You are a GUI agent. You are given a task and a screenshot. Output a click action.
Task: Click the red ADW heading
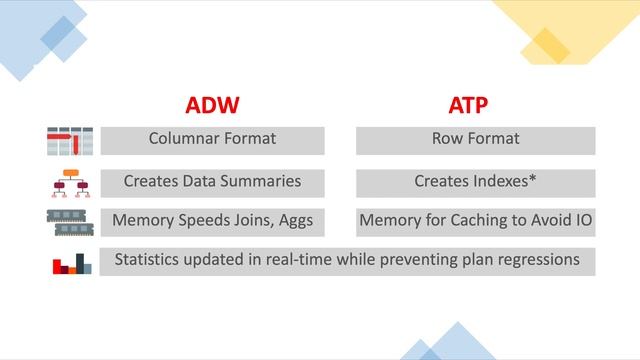pyautogui.click(x=212, y=106)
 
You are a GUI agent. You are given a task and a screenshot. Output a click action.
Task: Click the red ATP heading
pyautogui.click(x=476, y=106)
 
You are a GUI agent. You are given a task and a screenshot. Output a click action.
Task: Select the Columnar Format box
pyautogui.click(x=212, y=140)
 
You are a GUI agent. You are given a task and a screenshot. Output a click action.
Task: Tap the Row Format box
pyautogui.click(x=476, y=140)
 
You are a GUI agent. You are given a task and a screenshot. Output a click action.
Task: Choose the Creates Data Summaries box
pyautogui.click(x=212, y=183)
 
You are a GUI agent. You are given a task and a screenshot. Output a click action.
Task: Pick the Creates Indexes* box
pyautogui.click(x=476, y=183)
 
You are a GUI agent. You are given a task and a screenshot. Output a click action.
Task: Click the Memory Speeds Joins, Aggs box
pyautogui.click(x=212, y=222)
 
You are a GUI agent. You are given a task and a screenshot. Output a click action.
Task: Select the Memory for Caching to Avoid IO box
pyautogui.click(x=476, y=222)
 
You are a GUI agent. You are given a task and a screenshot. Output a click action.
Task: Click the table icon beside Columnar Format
pyautogui.click(x=70, y=141)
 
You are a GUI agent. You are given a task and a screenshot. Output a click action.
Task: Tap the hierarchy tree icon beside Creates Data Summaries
pyautogui.click(x=70, y=183)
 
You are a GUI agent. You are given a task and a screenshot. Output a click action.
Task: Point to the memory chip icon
pyautogui.click(x=70, y=222)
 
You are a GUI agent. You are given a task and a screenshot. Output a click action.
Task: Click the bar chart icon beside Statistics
pyautogui.click(x=70, y=263)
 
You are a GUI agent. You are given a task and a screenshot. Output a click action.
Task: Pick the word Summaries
pyautogui.click(x=262, y=182)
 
